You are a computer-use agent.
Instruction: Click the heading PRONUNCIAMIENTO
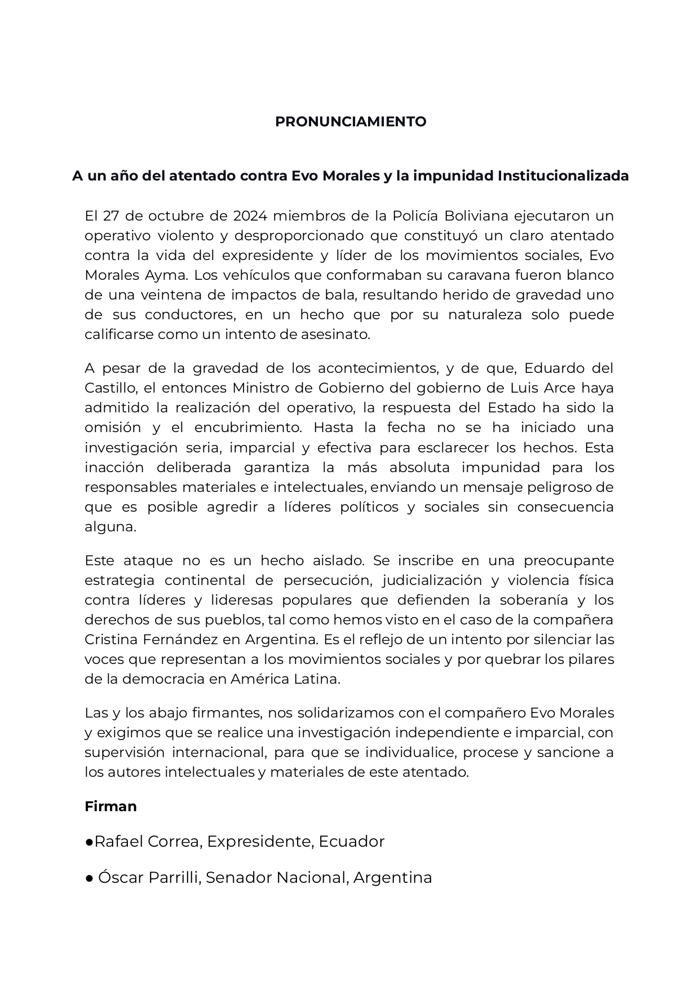pyautogui.click(x=350, y=122)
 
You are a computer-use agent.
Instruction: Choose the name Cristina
pyautogui.click(x=113, y=640)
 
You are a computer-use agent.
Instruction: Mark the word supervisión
pyautogui.click(x=125, y=753)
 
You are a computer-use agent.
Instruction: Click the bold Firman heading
pyautogui.click(x=110, y=806)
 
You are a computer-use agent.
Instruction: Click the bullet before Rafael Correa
pyautogui.click(x=89, y=842)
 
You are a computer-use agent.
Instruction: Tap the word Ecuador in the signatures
pyautogui.click(x=351, y=842)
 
